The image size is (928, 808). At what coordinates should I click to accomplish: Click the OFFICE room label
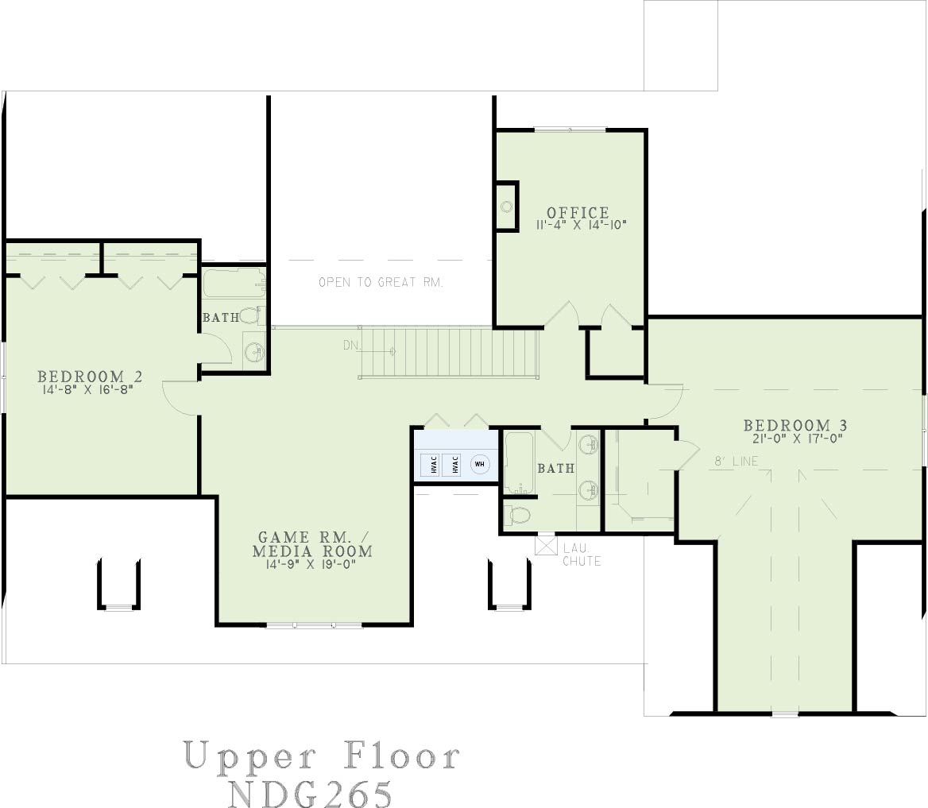pos(578,212)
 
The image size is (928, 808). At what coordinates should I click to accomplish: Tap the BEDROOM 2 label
pos(89,376)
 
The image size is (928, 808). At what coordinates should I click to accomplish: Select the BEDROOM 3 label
pos(795,425)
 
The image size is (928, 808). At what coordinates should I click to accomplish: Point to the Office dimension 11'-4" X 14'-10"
pos(581,225)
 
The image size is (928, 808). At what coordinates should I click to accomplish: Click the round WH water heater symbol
pos(479,464)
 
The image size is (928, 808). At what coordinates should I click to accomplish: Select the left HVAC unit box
pos(433,464)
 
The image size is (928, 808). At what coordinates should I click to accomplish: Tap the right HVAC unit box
pos(454,464)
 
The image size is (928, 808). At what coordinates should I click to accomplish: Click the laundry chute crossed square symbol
pos(546,545)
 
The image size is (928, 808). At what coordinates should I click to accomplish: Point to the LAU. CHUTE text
pos(582,555)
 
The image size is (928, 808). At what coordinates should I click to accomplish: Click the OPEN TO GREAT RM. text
pos(381,282)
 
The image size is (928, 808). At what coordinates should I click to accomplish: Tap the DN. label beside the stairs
pos(351,345)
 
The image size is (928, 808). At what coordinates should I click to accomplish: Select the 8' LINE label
pos(736,461)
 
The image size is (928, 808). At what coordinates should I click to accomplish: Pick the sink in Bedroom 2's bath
pos(255,353)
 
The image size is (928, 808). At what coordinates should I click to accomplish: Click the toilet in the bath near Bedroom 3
pos(519,516)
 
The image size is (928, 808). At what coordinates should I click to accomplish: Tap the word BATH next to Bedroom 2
pos(222,317)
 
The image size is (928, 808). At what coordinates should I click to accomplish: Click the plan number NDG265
pos(310,793)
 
